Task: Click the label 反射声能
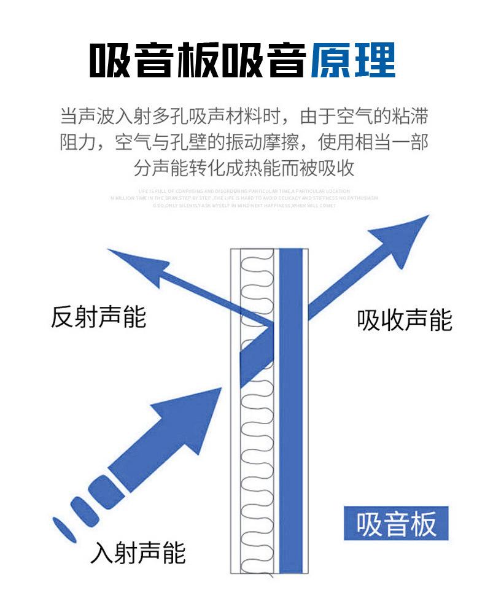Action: pos(98,317)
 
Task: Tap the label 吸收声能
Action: pos(405,320)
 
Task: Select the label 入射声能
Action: pos(138,553)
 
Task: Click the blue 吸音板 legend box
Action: pos(396,524)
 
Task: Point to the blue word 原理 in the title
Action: pos(352,61)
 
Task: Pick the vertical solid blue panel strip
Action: pos(291,411)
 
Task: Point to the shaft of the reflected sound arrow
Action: pos(215,301)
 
